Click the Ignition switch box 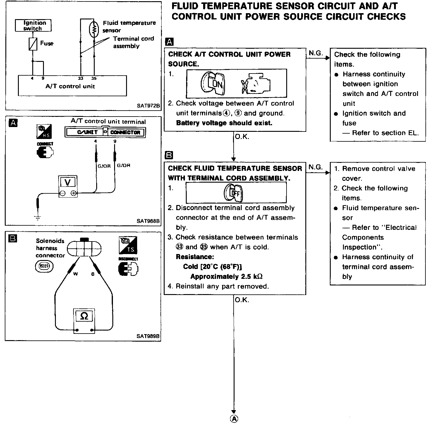pos(33,25)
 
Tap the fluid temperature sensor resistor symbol pos(94,29)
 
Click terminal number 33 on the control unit pos(81,79)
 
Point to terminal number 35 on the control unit pos(94,79)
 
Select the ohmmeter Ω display pos(84,316)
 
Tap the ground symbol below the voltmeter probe pos(38,218)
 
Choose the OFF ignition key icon pos(234,193)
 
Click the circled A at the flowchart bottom pos(234,419)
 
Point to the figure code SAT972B pos(148,106)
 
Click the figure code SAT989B pos(148,336)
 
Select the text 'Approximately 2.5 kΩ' pos(226,276)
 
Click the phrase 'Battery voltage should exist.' pos(224,123)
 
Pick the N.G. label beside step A pos(316,53)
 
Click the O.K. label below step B pos(242,300)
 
